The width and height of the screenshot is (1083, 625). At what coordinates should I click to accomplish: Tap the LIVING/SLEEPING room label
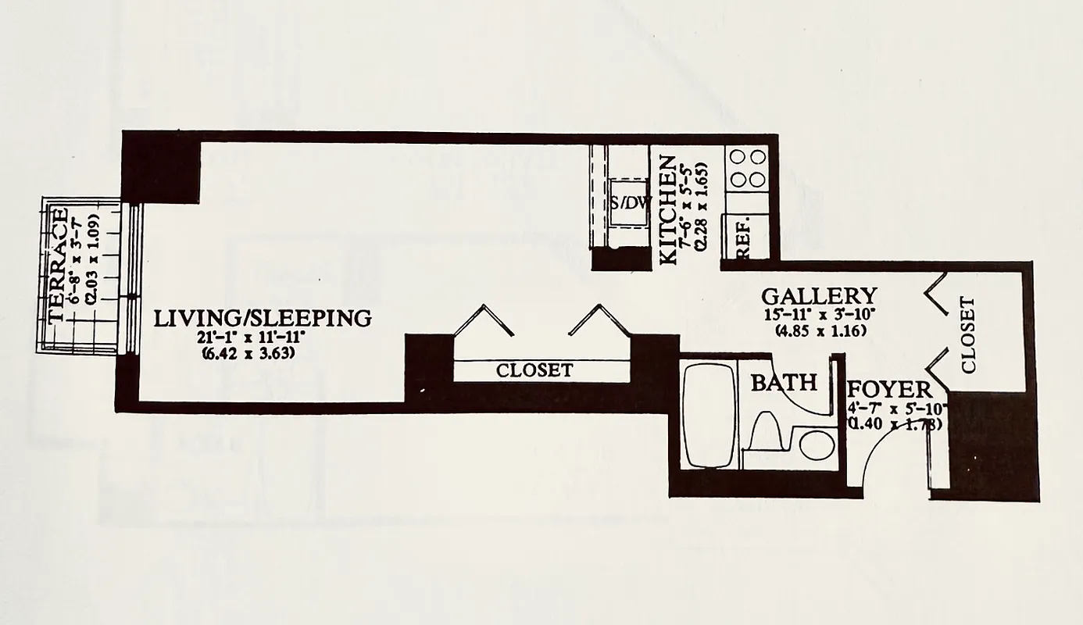click(x=262, y=319)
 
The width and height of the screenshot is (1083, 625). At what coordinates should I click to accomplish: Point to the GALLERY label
click(x=819, y=297)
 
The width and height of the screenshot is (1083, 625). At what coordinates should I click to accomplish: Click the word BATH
click(x=783, y=383)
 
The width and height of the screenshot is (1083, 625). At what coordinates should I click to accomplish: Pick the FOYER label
click(x=889, y=390)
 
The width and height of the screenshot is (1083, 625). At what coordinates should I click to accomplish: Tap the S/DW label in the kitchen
click(x=631, y=203)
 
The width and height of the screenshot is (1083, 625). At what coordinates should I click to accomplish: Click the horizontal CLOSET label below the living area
click(x=534, y=370)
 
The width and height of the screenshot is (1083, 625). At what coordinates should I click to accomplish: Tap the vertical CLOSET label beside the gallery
click(x=968, y=334)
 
